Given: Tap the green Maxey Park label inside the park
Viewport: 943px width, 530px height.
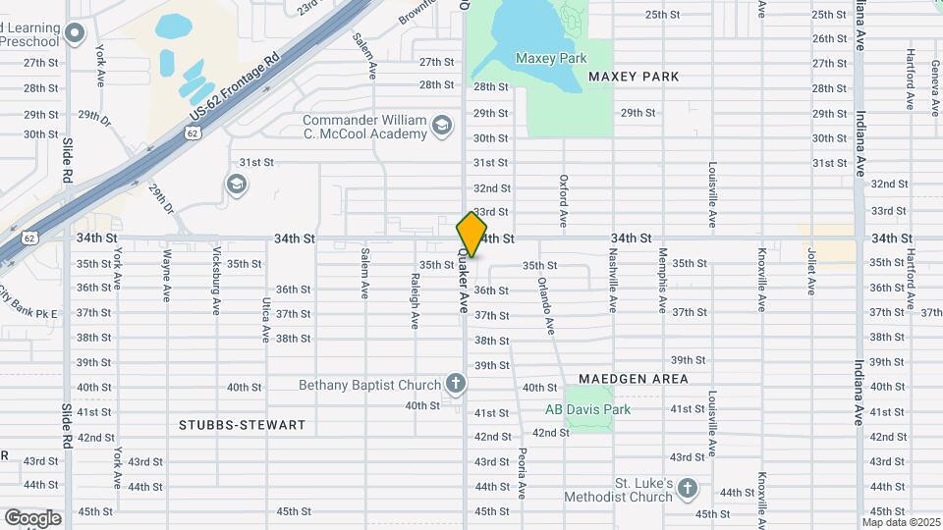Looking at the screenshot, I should point(551,59).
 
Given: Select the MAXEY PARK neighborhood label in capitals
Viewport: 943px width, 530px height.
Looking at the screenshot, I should point(634,77).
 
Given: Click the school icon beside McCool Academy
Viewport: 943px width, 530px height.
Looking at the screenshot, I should point(442,125).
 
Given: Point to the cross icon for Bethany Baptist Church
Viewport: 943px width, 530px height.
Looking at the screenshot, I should point(455,383).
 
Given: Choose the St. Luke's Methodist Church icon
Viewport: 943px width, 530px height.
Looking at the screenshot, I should point(688,488).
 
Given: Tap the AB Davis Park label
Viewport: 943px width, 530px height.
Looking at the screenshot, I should point(588,409).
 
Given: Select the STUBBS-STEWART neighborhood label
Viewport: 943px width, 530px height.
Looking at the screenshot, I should point(243,426).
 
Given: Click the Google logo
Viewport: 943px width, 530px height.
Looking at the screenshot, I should point(32,517).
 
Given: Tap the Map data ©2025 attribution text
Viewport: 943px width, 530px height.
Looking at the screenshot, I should point(902,522).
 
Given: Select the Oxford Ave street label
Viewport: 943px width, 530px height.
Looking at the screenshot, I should point(564,197).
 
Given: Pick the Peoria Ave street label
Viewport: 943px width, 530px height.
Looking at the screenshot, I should point(522,473).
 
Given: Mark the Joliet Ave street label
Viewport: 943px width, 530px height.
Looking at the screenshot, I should point(811,271).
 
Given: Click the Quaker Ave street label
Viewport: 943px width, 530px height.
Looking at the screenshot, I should point(463,281).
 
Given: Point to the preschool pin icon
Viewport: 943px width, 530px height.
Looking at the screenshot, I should point(75,35).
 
